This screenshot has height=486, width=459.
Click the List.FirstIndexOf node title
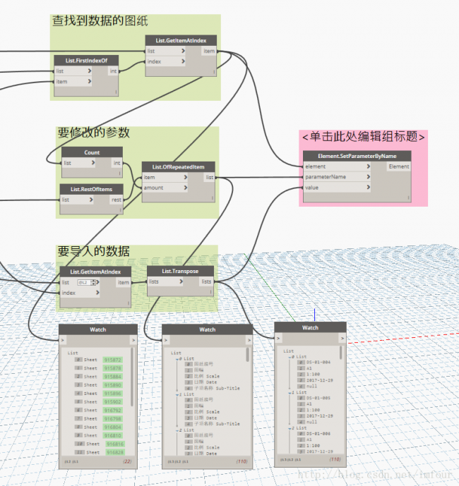point(85,61)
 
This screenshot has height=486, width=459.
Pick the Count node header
point(92,152)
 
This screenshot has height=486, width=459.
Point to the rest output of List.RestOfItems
point(116,200)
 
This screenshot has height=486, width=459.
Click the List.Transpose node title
point(180,271)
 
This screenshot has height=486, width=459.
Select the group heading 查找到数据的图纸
point(100,22)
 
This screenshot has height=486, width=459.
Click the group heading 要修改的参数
point(93,133)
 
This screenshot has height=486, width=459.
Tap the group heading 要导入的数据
point(93,251)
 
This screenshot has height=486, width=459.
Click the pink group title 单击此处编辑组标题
point(363,137)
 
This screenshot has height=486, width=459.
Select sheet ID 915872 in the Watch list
point(112,359)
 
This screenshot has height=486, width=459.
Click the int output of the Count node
point(117,163)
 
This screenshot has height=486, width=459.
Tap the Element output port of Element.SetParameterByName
point(398,166)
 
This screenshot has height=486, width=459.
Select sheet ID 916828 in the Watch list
point(114,452)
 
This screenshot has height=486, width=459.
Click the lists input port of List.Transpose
point(154,281)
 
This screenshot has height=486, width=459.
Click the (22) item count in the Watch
point(128,461)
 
